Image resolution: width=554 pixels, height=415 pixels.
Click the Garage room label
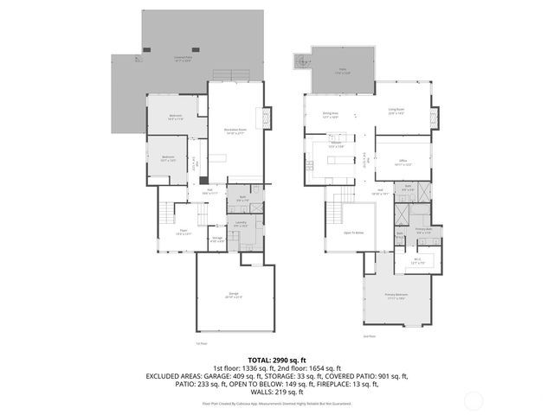[233, 296]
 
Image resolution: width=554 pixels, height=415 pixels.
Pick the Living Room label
[396, 110]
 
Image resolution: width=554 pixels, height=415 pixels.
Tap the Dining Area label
[330, 114]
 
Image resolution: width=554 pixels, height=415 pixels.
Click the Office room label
[401, 162]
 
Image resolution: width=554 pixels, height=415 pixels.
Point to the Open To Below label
[353, 233]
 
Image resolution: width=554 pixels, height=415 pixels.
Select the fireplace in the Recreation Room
[267, 118]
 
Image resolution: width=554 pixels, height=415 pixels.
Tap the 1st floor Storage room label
[216, 239]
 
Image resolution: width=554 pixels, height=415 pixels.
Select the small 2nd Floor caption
[369, 336]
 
